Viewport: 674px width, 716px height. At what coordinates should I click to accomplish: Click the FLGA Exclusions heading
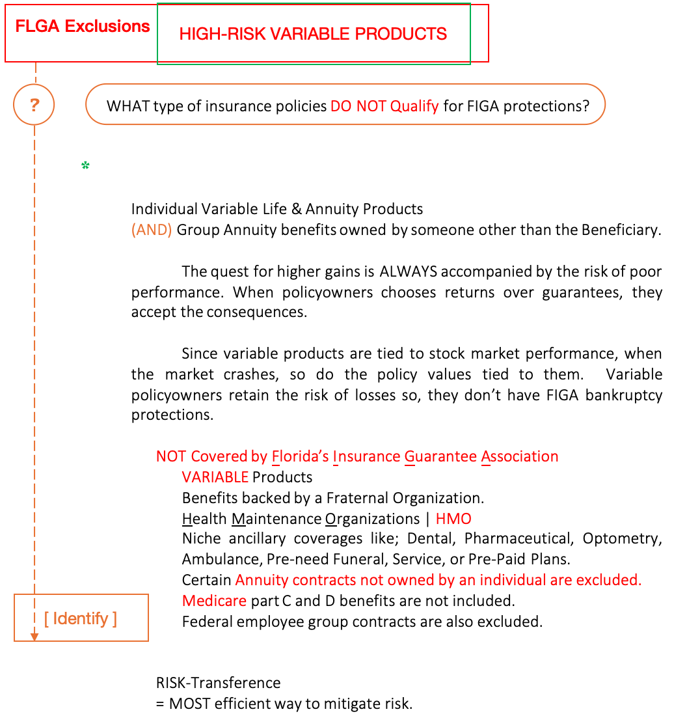click(83, 27)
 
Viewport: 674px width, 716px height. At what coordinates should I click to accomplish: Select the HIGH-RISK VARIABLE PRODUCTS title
click(313, 34)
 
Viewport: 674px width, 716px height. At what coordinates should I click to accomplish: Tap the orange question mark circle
click(34, 104)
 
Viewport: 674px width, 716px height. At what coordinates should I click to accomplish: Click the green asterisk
click(85, 166)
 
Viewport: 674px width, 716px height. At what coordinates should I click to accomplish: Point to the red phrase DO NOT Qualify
click(384, 105)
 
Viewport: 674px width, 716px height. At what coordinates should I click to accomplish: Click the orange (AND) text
click(152, 230)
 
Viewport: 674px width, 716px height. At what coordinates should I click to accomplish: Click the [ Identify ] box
click(81, 618)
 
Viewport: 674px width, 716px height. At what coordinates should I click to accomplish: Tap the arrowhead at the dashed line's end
click(34, 637)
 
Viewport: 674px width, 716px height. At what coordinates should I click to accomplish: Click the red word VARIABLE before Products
click(215, 477)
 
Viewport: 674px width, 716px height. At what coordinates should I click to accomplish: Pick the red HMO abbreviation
click(453, 519)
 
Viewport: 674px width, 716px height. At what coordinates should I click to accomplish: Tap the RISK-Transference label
click(218, 683)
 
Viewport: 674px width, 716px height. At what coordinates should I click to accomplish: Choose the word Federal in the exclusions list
click(206, 621)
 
